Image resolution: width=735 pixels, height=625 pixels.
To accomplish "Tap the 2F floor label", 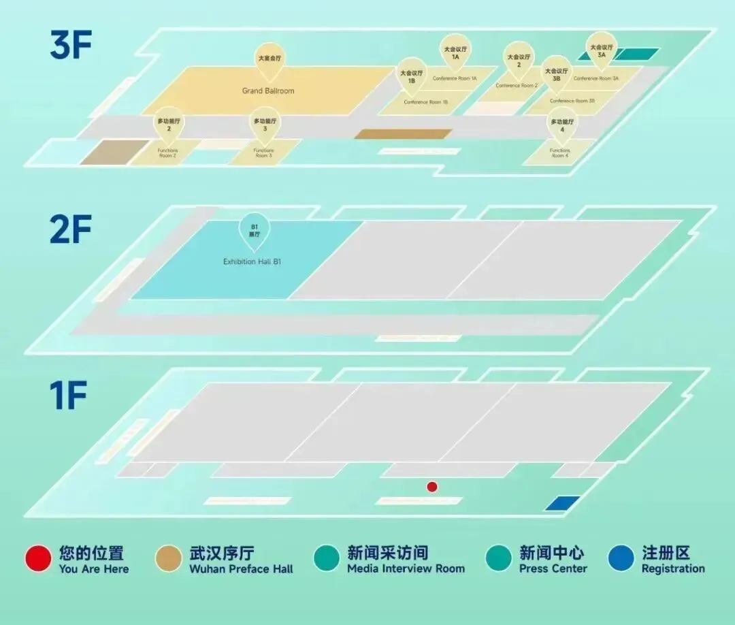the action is click(x=71, y=230).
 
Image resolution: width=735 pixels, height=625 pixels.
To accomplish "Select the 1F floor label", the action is click(x=68, y=396).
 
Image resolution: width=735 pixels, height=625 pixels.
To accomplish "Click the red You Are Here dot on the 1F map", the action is click(x=431, y=486).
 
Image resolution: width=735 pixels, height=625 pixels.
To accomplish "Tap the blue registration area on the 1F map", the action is click(x=562, y=503).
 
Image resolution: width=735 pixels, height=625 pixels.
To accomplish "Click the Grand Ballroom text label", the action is click(x=268, y=91).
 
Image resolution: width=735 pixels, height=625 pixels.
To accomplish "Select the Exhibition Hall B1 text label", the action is click(x=252, y=261).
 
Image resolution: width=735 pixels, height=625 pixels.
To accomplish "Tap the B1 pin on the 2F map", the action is click(x=254, y=230).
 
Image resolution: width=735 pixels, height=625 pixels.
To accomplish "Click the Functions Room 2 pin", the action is click(x=169, y=124).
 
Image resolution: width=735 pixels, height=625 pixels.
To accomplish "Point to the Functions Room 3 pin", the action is click(x=265, y=124).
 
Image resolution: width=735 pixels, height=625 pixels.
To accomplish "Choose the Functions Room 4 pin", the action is click(x=562, y=125).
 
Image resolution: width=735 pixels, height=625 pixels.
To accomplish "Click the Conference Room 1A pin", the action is click(x=455, y=52).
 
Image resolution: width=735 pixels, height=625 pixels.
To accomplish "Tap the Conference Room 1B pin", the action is click(x=412, y=76).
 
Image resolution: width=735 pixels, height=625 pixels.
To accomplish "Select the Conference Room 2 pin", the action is click(x=519, y=61).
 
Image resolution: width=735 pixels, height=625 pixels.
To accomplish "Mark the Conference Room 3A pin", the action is click(x=602, y=50).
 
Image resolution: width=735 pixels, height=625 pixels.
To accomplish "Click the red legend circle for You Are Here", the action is click(x=38, y=559).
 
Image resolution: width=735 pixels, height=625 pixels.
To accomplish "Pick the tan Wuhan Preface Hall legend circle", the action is click(x=168, y=559).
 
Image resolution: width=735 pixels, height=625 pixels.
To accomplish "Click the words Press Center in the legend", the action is click(x=553, y=568).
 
